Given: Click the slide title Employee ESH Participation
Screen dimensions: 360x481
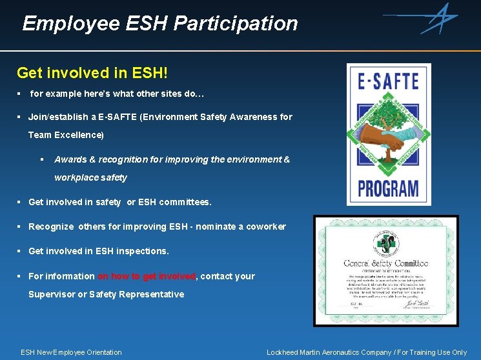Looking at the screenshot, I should [159, 24].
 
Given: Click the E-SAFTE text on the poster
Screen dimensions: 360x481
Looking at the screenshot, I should [388, 81].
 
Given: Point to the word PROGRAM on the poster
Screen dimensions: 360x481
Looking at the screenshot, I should [388, 188].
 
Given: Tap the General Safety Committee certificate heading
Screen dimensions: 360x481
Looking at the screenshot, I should [385, 263].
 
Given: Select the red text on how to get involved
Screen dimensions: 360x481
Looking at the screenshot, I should [147, 276].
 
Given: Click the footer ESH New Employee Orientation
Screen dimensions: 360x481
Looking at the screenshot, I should [71, 352].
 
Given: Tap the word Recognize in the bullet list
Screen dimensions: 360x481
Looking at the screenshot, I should [52, 226].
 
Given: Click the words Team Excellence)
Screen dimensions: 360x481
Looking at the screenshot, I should [66, 135].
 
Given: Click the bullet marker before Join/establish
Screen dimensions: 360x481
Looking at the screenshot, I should [20, 117].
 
